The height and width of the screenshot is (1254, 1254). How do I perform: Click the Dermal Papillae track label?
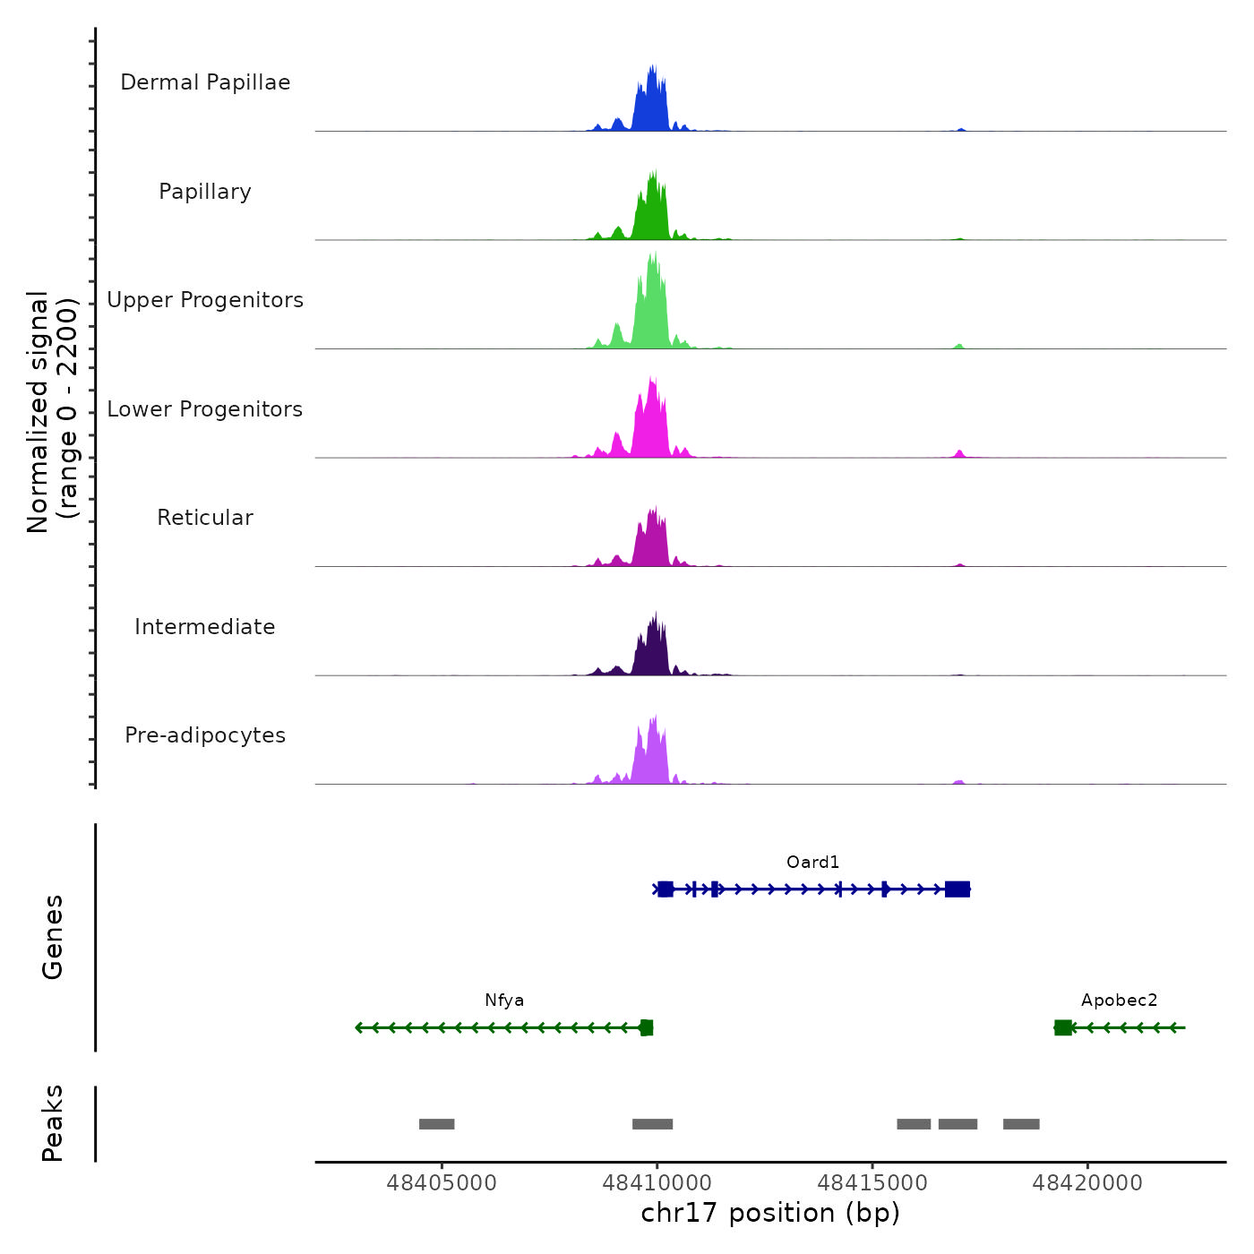click(x=205, y=82)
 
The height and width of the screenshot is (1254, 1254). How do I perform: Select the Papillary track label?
click(x=205, y=192)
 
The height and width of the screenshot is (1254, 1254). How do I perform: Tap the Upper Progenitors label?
click(x=205, y=300)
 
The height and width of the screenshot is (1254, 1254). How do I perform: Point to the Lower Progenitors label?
click(x=205, y=409)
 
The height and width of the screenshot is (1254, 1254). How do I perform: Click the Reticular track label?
click(x=205, y=518)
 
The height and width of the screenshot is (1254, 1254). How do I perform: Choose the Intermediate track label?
click(x=205, y=627)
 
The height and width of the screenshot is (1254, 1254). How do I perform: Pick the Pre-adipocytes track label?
click(x=205, y=735)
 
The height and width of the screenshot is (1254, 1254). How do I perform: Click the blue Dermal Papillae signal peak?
click(x=651, y=103)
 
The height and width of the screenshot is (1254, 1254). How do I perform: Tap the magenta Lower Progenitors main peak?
click(x=651, y=421)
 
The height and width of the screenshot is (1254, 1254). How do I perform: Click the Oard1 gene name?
click(x=812, y=863)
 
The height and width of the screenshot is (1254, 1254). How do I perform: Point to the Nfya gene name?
click(x=504, y=1001)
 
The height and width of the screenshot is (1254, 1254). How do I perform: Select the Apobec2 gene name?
click(x=1119, y=1001)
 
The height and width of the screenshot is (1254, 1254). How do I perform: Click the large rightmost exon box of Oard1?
click(x=958, y=889)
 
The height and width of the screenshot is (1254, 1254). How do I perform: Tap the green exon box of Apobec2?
click(x=1063, y=1027)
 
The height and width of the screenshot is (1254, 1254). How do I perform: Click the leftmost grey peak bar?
click(x=437, y=1124)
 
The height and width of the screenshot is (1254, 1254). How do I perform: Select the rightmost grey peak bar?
click(x=1021, y=1124)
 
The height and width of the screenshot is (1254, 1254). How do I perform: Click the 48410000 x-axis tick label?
click(x=657, y=1183)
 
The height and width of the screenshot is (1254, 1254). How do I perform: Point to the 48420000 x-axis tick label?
click(x=1087, y=1183)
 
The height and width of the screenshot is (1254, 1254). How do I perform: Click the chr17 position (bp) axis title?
click(x=770, y=1213)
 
